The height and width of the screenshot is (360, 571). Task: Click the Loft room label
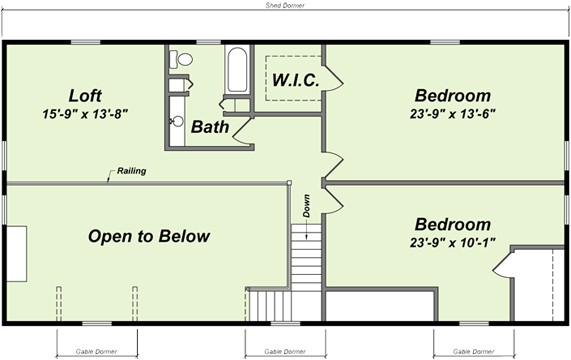pos(85,96)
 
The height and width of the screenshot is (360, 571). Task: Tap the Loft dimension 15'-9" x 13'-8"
pos(85,114)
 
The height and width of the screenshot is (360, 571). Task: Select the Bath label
pos(210,127)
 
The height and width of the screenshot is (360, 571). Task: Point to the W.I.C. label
pos(296,80)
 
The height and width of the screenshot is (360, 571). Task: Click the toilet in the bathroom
pos(181,59)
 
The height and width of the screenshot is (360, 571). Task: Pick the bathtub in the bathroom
pos(237,70)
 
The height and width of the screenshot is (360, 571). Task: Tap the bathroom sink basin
pos(177,121)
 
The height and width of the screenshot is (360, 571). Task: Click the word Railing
pos(131,171)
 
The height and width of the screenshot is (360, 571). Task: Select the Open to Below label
pos(149,236)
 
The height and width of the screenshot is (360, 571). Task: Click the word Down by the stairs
pos(307,206)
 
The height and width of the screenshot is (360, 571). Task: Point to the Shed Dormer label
pos(285,5)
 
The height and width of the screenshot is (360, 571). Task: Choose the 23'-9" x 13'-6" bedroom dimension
pos(453,114)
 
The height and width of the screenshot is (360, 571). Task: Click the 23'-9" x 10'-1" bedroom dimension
pos(453,242)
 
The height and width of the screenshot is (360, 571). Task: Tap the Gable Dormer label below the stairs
pos(285,352)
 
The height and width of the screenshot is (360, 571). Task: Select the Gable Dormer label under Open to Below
pos(97,352)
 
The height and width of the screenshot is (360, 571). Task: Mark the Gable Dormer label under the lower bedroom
pos(473,352)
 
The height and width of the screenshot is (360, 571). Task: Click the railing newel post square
pos(289,183)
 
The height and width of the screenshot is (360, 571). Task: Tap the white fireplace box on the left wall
pos(17,254)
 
